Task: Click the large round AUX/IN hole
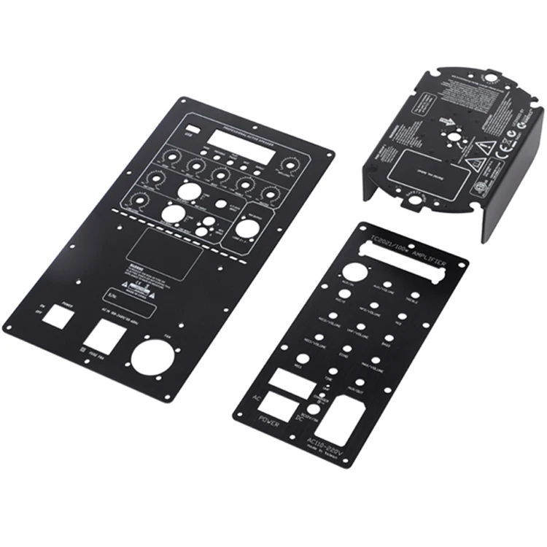362,271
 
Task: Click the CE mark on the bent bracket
511,134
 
